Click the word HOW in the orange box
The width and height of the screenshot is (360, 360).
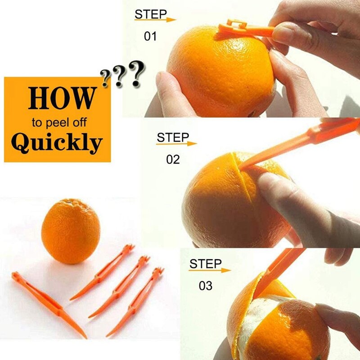coord(62,98)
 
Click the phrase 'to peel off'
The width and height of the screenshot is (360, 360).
coord(59,122)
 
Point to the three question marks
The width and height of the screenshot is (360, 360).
coord(123,75)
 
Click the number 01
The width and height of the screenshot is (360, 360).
coord(150,36)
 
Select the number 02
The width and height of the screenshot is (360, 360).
coord(173,159)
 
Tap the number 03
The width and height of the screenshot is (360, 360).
coord(205,285)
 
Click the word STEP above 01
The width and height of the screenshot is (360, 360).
coord(151,14)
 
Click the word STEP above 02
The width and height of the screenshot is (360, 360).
coord(172,137)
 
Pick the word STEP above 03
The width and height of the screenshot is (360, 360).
coord(205,264)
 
